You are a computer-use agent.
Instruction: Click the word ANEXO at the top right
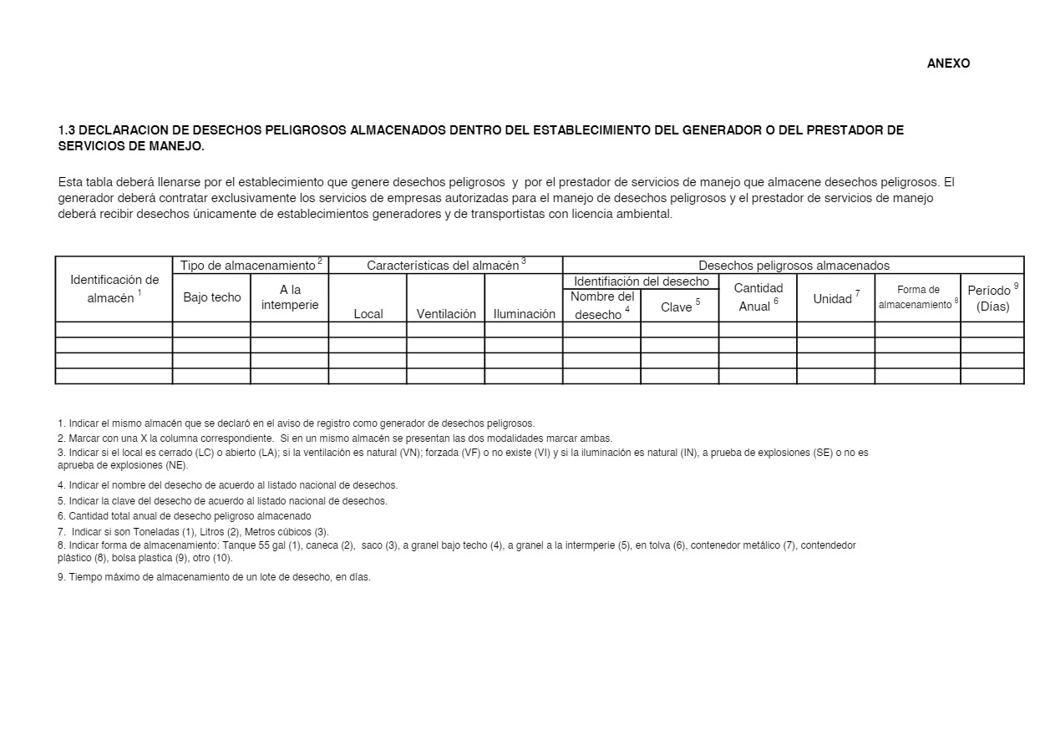(948, 63)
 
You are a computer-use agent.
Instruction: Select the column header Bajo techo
(211, 297)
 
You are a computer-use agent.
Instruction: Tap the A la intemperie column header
(290, 297)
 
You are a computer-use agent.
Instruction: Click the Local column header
(368, 314)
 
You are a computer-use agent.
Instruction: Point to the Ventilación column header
(446, 314)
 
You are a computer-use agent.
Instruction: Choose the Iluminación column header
(524, 314)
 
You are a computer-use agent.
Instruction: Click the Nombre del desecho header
(601, 305)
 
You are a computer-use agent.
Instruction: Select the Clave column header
(679, 307)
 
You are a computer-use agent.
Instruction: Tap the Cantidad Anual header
(758, 297)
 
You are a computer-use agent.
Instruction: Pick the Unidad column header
(835, 298)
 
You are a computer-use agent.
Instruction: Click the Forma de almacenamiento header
(917, 297)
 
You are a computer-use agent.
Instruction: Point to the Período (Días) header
(992, 298)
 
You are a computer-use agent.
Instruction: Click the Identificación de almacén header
(114, 289)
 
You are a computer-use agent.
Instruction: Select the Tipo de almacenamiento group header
(251, 266)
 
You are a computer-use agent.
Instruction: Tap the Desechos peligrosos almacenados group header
(794, 266)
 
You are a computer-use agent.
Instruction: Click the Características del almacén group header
(445, 266)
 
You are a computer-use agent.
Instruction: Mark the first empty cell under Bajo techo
(211, 330)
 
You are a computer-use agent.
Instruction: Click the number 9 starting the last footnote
(61, 576)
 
